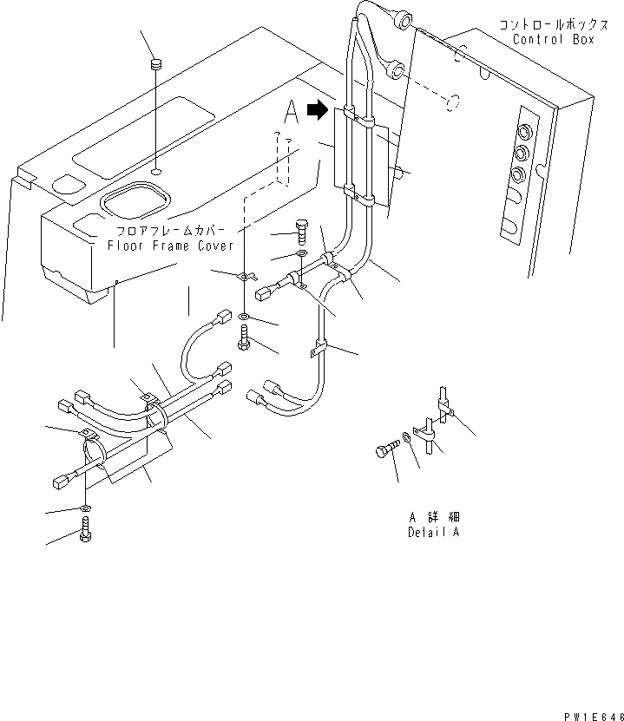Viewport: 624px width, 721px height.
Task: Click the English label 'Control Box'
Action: click(x=554, y=40)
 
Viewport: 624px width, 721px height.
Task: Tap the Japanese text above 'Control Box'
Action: click(x=547, y=25)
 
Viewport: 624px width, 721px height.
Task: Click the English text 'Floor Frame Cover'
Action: click(x=171, y=246)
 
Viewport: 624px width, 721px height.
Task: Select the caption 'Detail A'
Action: click(x=433, y=532)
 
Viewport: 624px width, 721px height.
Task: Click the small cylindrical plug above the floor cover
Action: click(x=156, y=64)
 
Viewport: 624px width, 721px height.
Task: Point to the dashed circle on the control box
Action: click(x=450, y=104)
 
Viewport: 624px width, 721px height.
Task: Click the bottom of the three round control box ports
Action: click(x=519, y=174)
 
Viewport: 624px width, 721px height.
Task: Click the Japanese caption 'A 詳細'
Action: click(x=433, y=517)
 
